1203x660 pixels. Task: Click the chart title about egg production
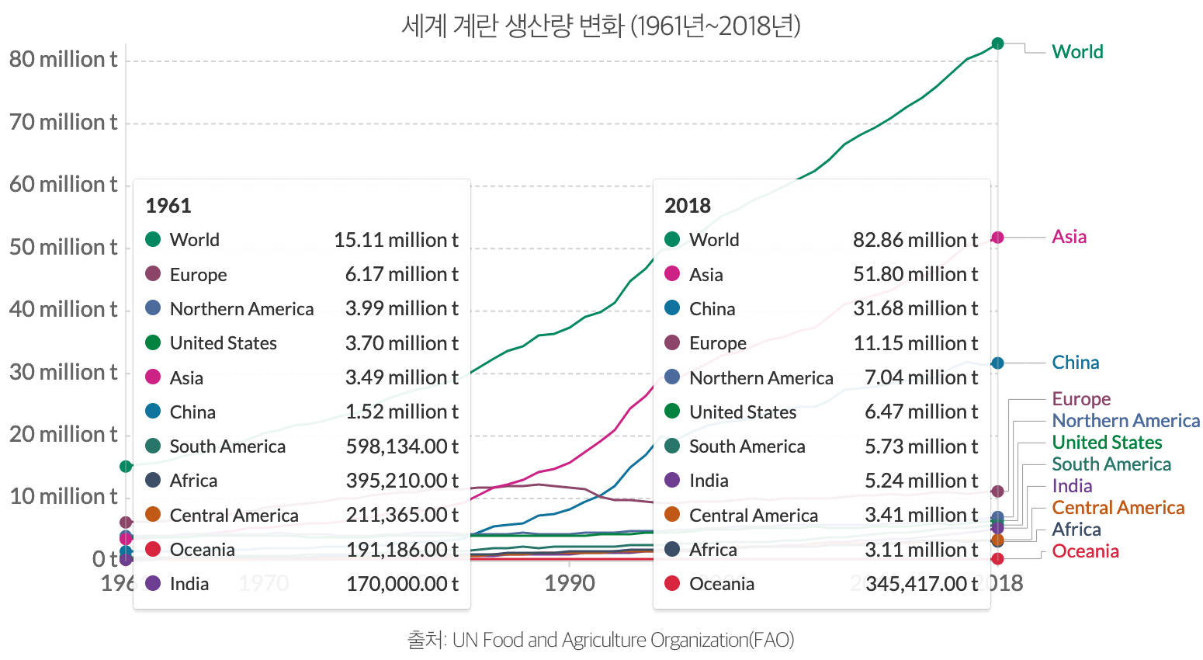(601, 26)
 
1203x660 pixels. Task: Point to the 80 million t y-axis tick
(63, 60)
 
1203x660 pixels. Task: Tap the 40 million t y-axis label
(63, 310)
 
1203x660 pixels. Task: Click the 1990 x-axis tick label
(570, 584)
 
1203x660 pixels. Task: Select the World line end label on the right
(1077, 52)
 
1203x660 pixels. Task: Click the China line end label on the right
(1075, 363)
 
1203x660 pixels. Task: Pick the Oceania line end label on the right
(1085, 551)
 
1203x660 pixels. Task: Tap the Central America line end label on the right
(1118, 508)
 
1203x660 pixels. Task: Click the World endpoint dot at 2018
(997, 43)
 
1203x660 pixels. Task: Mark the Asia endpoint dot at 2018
(997, 238)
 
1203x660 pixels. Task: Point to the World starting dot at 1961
(126, 466)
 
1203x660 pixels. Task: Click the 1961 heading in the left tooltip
(168, 206)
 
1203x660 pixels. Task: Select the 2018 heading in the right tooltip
(687, 206)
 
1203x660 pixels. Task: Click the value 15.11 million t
(396, 240)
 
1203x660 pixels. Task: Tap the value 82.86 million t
(915, 240)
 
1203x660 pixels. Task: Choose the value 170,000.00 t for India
(402, 584)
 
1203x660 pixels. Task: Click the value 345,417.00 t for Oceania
(921, 584)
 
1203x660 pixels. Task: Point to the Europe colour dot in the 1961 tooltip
(153, 273)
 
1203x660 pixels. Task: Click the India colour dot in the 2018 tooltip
(672, 480)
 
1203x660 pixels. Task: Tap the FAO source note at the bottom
(601, 640)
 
